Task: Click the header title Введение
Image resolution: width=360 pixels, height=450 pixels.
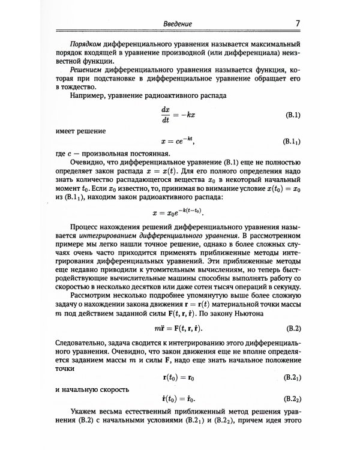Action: [x=178, y=24]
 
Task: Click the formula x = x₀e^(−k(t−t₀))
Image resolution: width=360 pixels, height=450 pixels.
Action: [x=178, y=213]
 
